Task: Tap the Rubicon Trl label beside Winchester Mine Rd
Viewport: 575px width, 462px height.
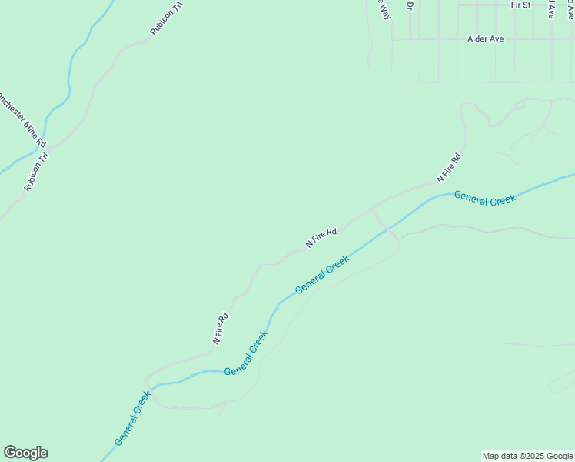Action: pyautogui.click(x=36, y=172)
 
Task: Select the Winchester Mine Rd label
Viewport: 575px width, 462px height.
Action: pyautogui.click(x=22, y=119)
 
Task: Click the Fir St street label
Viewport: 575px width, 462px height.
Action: pyautogui.click(x=520, y=5)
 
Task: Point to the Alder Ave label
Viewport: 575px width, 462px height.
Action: pyautogui.click(x=485, y=38)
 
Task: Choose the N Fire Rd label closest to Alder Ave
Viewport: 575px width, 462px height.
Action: pyautogui.click(x=449, y=168)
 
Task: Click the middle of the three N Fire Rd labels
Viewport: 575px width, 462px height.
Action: pyautogui.click(x=321, y=237)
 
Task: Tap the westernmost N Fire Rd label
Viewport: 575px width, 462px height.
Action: pyautogui.click(x=220, y=327)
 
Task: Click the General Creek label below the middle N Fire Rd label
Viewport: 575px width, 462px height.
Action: pyautogui.click(x=322, y=274)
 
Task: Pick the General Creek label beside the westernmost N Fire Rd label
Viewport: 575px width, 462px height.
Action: pyautogui.click(x=246, y=353)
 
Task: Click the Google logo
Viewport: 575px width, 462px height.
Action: pyautogui.click(x=25, y=453)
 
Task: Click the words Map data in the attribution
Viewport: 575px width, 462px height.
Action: pyautogui.click(x=500, y=456)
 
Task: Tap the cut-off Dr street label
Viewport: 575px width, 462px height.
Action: pyautogui.click(x=410, y=5)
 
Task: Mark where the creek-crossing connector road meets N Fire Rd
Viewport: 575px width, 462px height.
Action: pyautogui.click(x=372, y=209)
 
